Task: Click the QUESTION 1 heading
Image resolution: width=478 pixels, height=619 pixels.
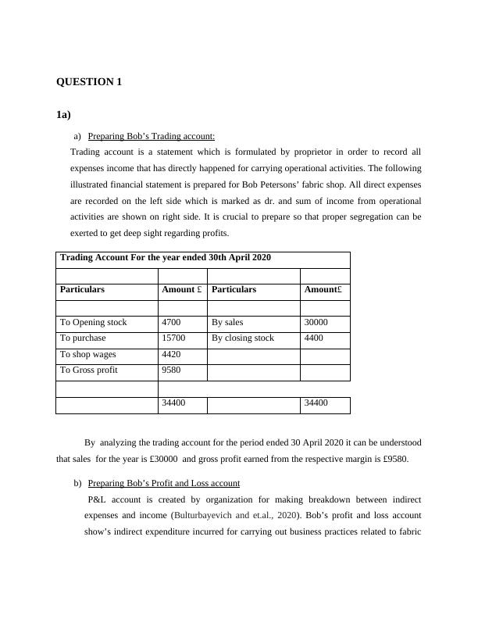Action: click(89, 82)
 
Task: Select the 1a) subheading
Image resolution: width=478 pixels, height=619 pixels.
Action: click(63, 115)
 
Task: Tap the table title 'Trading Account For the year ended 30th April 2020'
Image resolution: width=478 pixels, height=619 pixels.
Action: click(166, 257)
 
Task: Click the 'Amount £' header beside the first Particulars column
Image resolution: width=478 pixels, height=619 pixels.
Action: click(181, 289)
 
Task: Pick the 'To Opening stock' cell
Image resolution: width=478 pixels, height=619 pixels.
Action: click(93, 322)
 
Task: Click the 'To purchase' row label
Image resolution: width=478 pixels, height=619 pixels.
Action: click(83, 338)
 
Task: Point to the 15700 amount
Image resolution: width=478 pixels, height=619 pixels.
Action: click(173, 338)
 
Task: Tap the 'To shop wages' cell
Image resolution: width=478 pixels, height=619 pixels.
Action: click(87, 355)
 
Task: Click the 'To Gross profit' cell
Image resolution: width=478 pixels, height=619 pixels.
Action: click(89, 370)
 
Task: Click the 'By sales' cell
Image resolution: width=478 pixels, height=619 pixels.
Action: click(227, 322)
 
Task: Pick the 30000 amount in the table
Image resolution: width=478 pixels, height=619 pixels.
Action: click(316, 322)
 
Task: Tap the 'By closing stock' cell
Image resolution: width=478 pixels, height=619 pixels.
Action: click(243, 338)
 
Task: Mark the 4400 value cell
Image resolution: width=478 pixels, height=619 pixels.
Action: click(314, 338)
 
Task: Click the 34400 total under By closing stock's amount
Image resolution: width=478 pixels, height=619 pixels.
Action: click(316, 403)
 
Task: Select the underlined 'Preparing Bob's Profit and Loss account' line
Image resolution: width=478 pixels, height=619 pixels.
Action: click(163, 483)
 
